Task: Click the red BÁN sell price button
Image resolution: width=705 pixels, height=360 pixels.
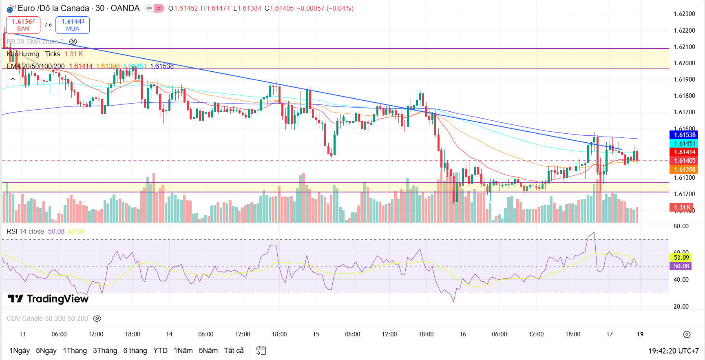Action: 23,25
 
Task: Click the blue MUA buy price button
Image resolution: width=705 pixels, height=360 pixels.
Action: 73,25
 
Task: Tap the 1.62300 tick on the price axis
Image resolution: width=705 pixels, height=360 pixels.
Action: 684,14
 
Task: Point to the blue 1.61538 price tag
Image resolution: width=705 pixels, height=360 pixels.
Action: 684,135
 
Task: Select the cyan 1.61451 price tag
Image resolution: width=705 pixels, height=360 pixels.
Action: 684,144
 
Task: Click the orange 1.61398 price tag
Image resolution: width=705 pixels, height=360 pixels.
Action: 684,170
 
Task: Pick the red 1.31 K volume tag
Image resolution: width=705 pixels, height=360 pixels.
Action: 681,208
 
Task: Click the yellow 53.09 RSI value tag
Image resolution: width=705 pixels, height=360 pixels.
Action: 681,257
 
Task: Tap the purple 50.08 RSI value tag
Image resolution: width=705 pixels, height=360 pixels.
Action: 681,266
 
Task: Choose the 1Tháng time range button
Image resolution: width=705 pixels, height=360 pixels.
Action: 75,351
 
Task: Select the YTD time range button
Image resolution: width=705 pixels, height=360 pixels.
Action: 160,351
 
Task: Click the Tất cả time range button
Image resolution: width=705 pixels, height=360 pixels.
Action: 234,351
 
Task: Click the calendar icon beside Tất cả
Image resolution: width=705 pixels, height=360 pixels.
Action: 261,351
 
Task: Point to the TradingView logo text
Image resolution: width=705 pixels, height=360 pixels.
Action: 49,299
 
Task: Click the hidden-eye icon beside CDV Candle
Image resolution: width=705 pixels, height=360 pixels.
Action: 97,318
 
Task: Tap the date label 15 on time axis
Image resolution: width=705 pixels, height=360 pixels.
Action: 316,334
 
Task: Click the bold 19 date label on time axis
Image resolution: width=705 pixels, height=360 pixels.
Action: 640,334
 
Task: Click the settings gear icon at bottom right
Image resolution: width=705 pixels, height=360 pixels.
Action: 687,334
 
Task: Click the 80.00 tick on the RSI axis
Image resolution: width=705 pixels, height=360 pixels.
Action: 681,226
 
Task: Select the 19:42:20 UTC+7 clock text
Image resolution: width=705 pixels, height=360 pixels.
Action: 674,351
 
